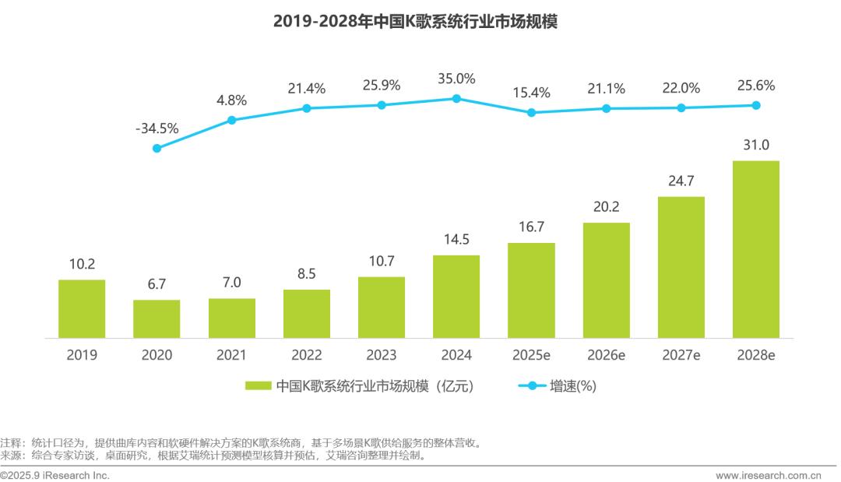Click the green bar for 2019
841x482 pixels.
(82, 308)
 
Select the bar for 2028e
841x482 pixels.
(756, 249)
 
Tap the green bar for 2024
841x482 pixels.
(456, 297)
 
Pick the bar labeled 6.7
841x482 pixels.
(157, 318)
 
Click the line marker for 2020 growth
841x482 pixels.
(157, 148)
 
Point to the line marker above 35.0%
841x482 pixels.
(456, 98)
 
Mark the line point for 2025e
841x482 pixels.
(531, 112)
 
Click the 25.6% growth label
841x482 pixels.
(755, 86)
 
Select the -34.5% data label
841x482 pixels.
(157, 128)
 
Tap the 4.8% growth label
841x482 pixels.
(231, 100)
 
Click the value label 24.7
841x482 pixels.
(681, 182)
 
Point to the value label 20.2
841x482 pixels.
(607, 208)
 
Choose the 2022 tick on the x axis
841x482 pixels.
(307, 355)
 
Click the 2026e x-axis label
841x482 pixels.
(607, 355)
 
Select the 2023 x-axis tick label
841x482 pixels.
(382, 355)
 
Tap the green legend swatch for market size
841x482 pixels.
(258, 385)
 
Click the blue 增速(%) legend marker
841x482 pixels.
(532, 385)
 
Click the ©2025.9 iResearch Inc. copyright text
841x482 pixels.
(55, 475)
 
